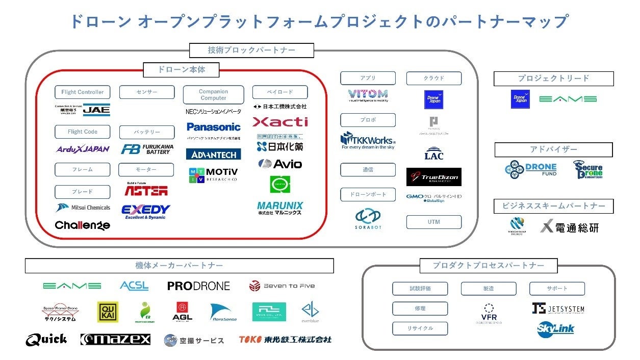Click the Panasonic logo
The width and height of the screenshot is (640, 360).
click(213, 127)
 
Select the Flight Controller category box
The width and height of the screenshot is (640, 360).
click(83, 92)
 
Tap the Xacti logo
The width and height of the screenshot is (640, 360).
click(280, 122)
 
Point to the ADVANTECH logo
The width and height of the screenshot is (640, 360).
click(213, 154)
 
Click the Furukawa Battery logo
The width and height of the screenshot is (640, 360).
click(147, 149)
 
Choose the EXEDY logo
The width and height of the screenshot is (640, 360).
click(146, 211)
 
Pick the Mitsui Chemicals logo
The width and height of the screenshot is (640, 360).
click(83, 208)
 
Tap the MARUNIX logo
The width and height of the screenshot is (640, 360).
click(280, 208)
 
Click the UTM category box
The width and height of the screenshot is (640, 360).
click(433, 222)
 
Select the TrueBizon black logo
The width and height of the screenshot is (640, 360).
click(433, 177)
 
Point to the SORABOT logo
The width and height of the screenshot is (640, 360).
click(368, 219)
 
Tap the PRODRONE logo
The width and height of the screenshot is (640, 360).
click(198, 286)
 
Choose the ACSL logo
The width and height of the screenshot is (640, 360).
click(134, 286)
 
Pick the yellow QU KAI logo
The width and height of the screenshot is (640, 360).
click(108, 312)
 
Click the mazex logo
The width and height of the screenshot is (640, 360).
click(115, 340)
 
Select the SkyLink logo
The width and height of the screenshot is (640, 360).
click(555, 329)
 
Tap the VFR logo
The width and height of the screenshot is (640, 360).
click(489, 313)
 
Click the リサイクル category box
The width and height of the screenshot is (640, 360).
click(420, 328)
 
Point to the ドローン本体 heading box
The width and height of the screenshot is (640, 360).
click(181, 70)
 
